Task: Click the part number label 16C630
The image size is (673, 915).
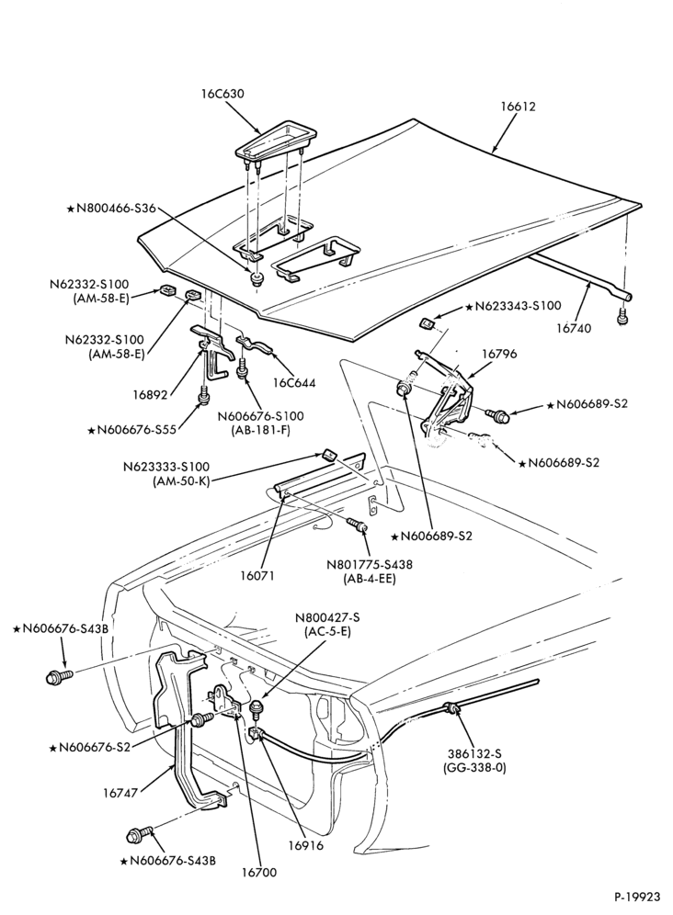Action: [x=223, y=94]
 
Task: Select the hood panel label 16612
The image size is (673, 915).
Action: [x=518, y=107]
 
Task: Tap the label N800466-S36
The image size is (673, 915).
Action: [x=111, y=208]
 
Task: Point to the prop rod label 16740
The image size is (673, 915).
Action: [x=573, y=328]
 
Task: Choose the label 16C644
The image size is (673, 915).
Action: [x=294, y=383]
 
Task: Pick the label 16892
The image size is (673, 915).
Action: [x=150, y=395]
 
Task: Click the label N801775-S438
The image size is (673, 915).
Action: [x=370, y=565]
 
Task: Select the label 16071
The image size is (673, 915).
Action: [x=257, y=575]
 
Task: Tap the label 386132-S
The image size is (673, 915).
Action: [x=474, y=753]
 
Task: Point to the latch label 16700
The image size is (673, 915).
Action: [x=259, y=873]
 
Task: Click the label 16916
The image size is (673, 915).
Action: [x=305, y=845]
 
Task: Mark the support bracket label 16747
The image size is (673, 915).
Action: [x=120, y=793]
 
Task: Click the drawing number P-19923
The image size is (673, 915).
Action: [x=637, y=897]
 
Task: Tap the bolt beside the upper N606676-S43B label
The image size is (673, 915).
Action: [x=59, y=677]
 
